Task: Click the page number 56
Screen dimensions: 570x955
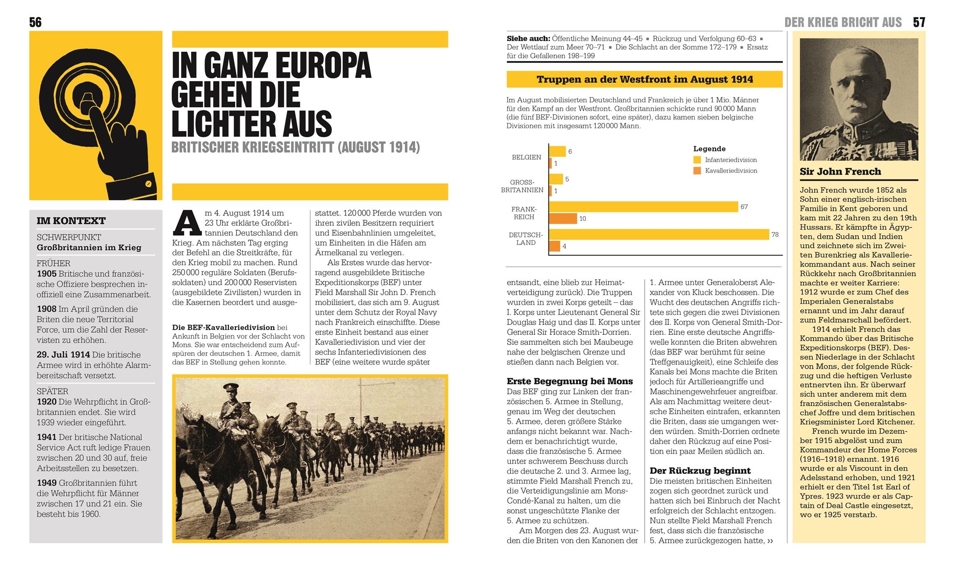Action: pos(35,22)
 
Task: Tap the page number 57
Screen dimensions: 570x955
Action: pos(919,22)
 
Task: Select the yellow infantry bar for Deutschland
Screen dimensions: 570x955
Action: pos(659,235)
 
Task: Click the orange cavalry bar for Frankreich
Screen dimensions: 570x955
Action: pos(563,219)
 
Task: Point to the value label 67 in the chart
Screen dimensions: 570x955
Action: pos(744,207)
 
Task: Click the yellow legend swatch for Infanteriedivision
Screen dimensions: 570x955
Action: pos(697,160)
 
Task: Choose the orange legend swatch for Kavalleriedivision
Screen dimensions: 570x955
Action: pos(697,171)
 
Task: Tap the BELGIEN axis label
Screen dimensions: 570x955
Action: pos(527,157)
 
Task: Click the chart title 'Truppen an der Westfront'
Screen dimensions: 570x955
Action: pos(645,80)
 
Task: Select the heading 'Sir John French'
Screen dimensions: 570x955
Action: pos(840,171)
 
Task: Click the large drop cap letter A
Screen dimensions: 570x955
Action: pos(187,223)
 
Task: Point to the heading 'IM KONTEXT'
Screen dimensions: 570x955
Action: pos(71,221)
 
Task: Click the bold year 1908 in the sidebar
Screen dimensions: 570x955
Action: pos(46,309)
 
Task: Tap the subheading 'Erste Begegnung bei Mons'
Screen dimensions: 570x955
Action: pos(570,381)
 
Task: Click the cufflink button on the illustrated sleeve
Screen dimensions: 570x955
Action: pos(149,183)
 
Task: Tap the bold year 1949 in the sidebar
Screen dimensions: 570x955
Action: pos(46,483)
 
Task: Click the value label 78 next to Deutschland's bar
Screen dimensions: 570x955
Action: pos(775,235)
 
